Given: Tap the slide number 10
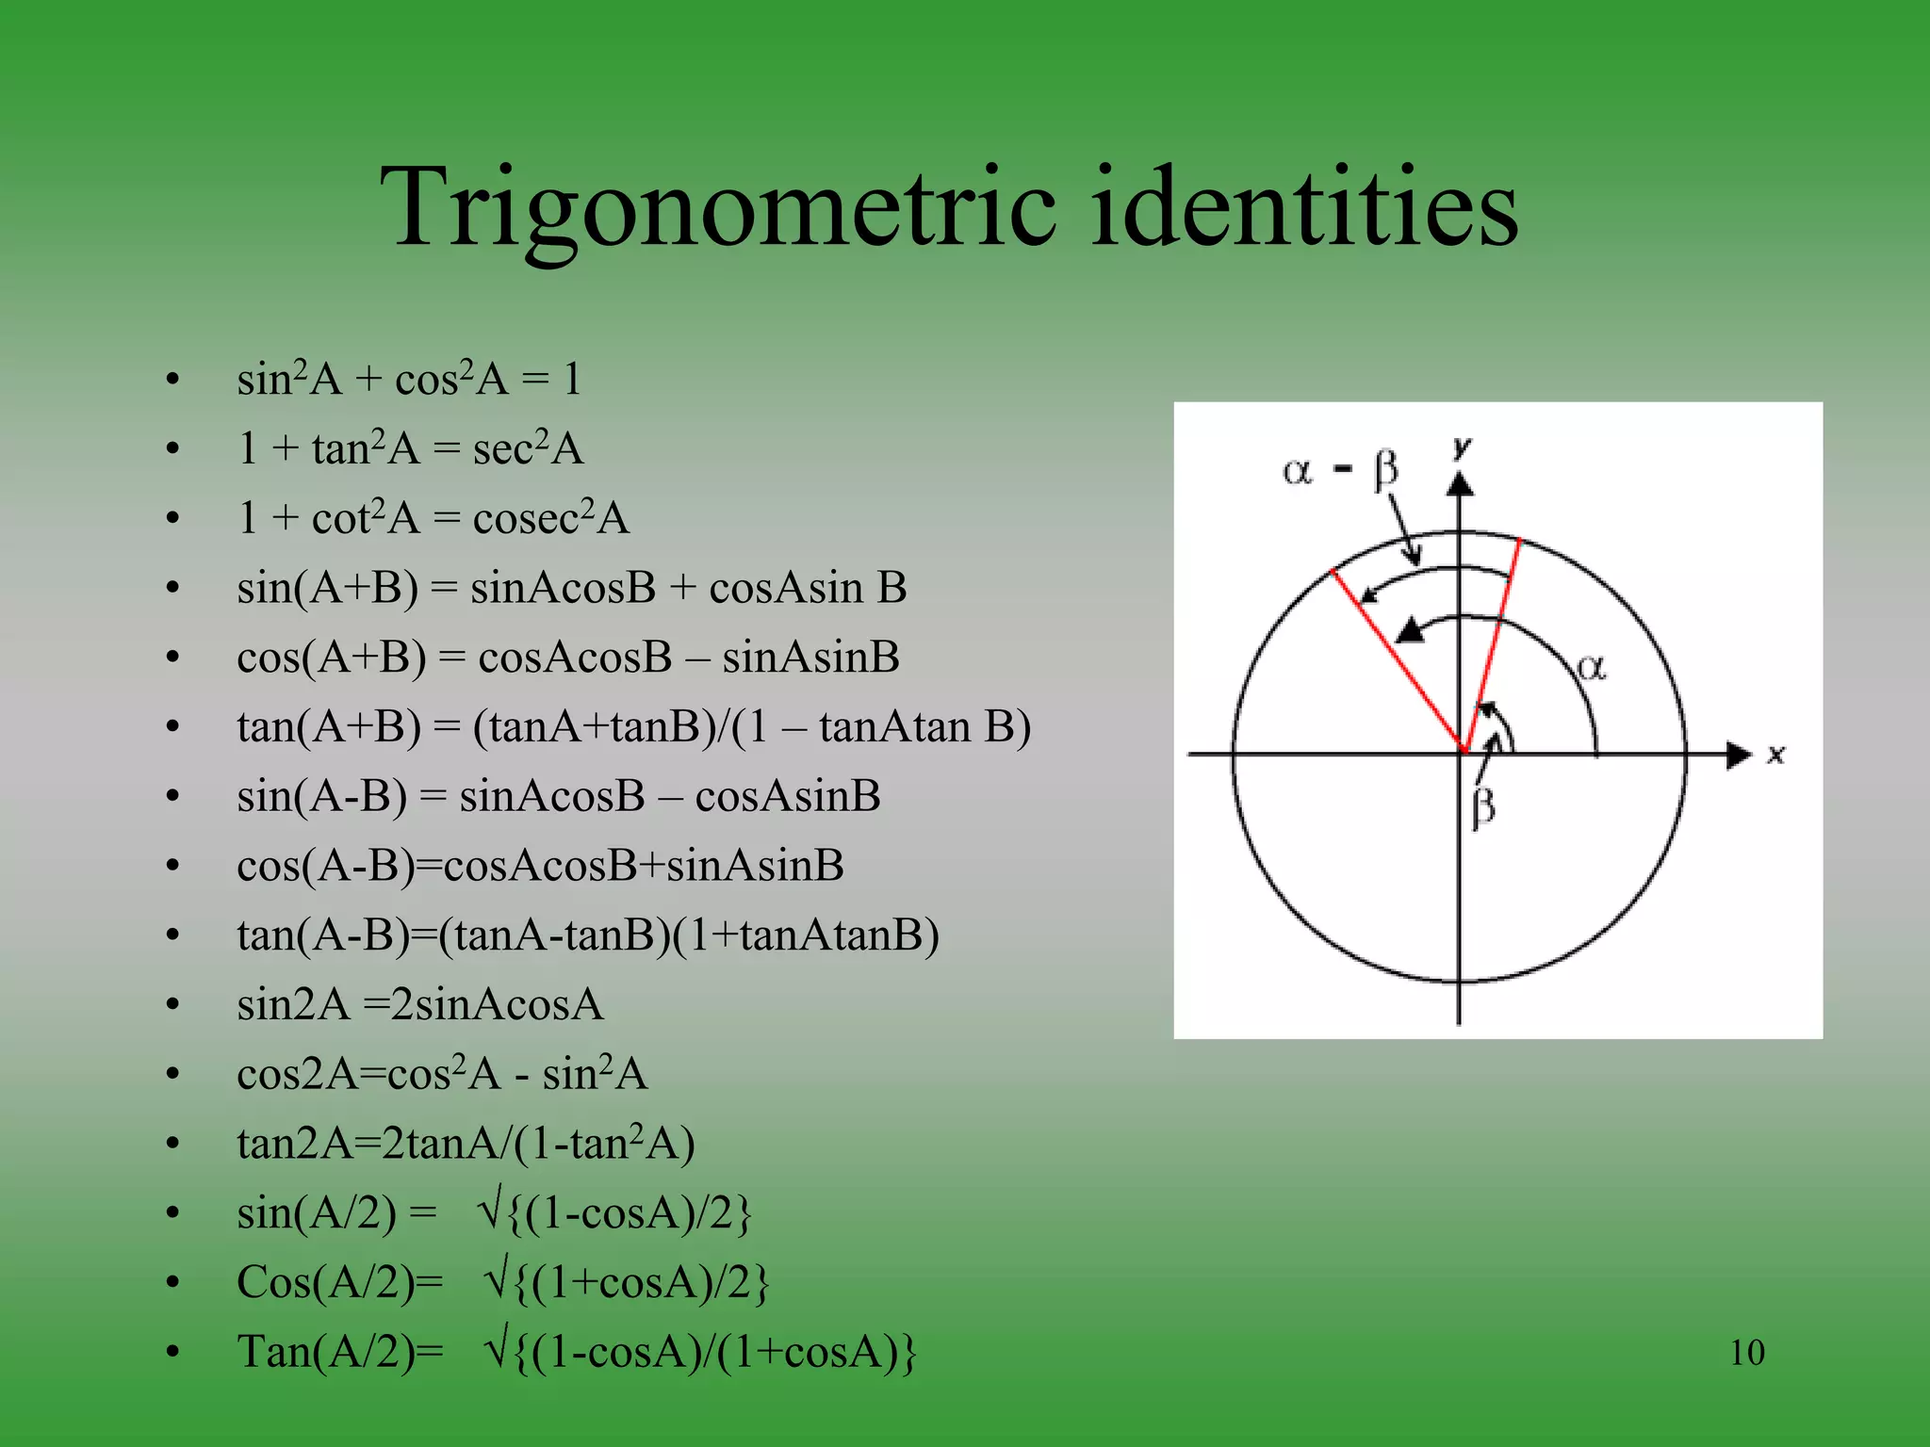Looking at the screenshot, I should click(1746, 1353).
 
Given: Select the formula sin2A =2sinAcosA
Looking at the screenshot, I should click(420, 1004).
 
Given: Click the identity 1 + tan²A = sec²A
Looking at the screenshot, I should click(411, 448).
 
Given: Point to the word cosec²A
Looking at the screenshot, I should click(550, 518).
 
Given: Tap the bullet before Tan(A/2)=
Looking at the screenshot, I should click(172, 1353).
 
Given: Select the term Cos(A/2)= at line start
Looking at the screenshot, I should click(339, 1282).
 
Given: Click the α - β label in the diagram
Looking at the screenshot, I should click(1340, 469).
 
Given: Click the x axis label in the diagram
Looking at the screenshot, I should click(1776, 755).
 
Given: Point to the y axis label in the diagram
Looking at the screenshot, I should click(1463, 448).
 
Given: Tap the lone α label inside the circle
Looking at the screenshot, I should click(1591, 668).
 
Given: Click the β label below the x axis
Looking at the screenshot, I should click(1482, 808).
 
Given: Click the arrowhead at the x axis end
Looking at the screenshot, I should click(1738, 755).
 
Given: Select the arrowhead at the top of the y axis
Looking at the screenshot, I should click(1461, 484).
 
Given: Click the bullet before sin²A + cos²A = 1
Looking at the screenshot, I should click(172, 380).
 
